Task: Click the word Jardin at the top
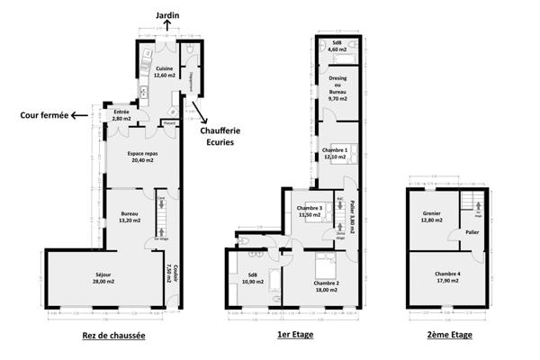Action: [x=166, y=14]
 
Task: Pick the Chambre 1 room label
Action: [x=336, y=153]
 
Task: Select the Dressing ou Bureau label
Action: [x=337, y=88]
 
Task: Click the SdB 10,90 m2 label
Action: [x=253, y=278]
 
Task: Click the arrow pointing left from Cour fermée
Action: [x=82, y=114]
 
